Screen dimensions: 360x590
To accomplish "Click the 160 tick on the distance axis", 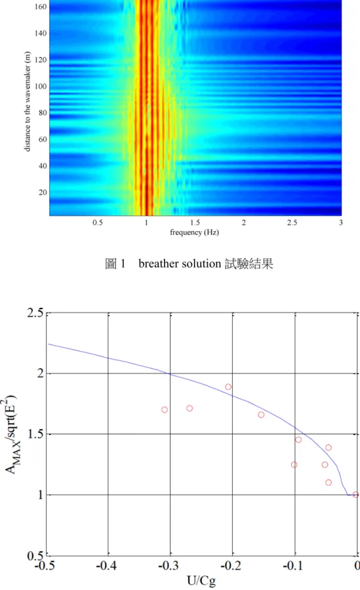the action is pyautogui.click(x=41, y=7).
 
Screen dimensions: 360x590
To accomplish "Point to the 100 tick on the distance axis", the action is pyautogui.click(x=41, y=87).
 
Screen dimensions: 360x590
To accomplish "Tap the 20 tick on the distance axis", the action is pyautogui.click(x=43, y=193).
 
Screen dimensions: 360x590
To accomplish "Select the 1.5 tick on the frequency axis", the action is pyautogui.click(x=195, y=222).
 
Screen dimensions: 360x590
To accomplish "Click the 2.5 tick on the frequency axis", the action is pyautogui.click(x=292, y=222).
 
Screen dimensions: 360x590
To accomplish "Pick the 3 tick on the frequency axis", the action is pyautogui.click(x=341, y=222).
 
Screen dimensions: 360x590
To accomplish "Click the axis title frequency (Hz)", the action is pyautogui.click(x=194, y=232).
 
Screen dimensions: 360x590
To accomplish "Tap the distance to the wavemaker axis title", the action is pyautogui.click(x=27, y=102).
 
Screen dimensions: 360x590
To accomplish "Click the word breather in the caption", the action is pyautogui.click(x=158, y=263).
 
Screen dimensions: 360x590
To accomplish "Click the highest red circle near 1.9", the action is pyautogui.click(x=228, y=387).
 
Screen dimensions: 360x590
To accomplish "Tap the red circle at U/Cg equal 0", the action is pyautogui.click(x=355, y=495).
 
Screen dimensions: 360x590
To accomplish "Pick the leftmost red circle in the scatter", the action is pyautogui.click(x=164, y=410).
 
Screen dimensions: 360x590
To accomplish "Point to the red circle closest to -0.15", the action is pyautogui.click(x=261, y=415).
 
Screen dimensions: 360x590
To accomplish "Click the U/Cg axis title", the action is pyautogui.click(x=201, y=581).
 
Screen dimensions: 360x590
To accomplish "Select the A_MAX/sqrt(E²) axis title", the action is pyautogui.click(x=10, y=434).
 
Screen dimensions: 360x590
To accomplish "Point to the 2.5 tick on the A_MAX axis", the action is pyautogui.click(x=35, y=312).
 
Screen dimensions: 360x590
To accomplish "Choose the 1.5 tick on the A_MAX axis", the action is pyautogui.click(x=35, y=434).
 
